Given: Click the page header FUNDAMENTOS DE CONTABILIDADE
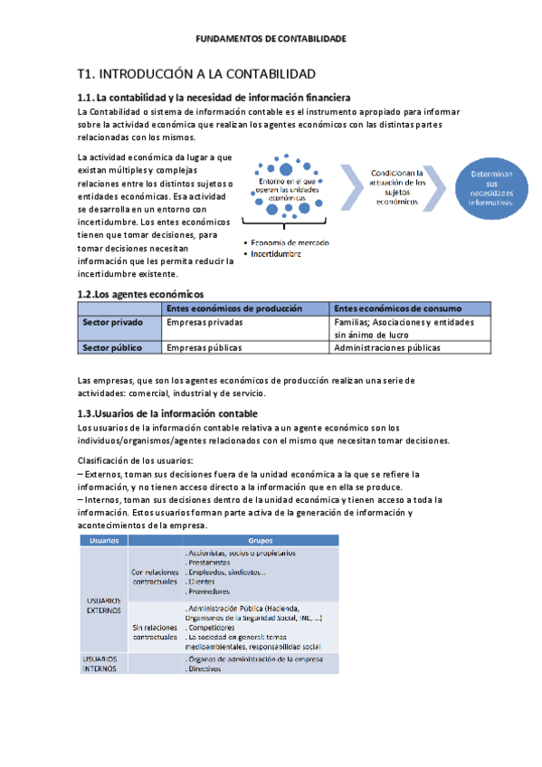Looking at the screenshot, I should pyautogui.click(x=271, y=39).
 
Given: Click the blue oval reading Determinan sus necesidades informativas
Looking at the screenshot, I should pyautogui.click(x=491, y=188).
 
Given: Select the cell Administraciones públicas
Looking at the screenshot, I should pyautogui.click(x=400, y=346).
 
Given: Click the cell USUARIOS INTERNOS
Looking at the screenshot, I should pyautogui.click(x=100, y=664).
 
